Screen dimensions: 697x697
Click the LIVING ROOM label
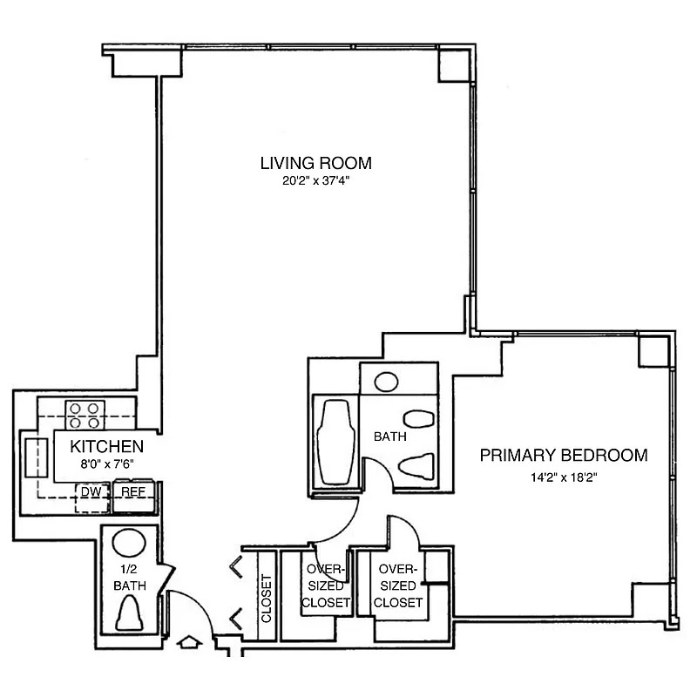pos(315,163)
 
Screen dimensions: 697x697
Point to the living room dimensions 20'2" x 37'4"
pos(315,182)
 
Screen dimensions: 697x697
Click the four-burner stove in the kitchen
pos(85,415)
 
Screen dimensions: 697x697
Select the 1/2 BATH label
pos(128,578)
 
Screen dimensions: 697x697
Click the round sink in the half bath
pos(129,544)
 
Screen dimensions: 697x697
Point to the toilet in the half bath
pos(129,612)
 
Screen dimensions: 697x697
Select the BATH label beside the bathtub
pos(388,436)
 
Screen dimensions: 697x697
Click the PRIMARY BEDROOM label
pos(564,455)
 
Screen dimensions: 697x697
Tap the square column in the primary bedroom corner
pos(652,351)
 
